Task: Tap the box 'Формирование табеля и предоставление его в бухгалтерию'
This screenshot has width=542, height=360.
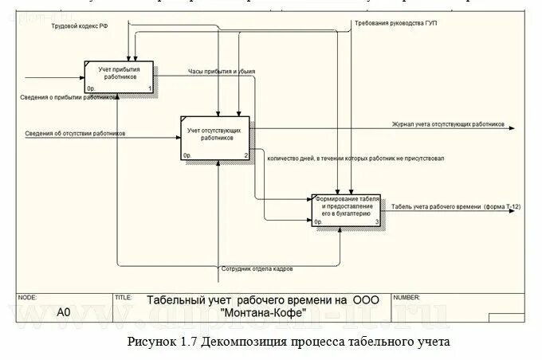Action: [x=347, y=208]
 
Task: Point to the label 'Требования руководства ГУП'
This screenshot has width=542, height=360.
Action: [x=396, y=23]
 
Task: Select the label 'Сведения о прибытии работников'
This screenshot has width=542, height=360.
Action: [x=69, y=96]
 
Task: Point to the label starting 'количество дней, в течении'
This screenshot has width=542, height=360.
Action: [x=355, y=158]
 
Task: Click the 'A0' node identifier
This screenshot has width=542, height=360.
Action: [x=64, y=313]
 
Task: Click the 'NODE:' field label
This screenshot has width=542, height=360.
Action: [x=26, y=297]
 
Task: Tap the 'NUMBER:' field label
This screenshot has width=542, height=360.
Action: [x=406, y=297]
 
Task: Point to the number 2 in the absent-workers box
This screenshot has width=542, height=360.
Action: [x=246, y=154]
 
